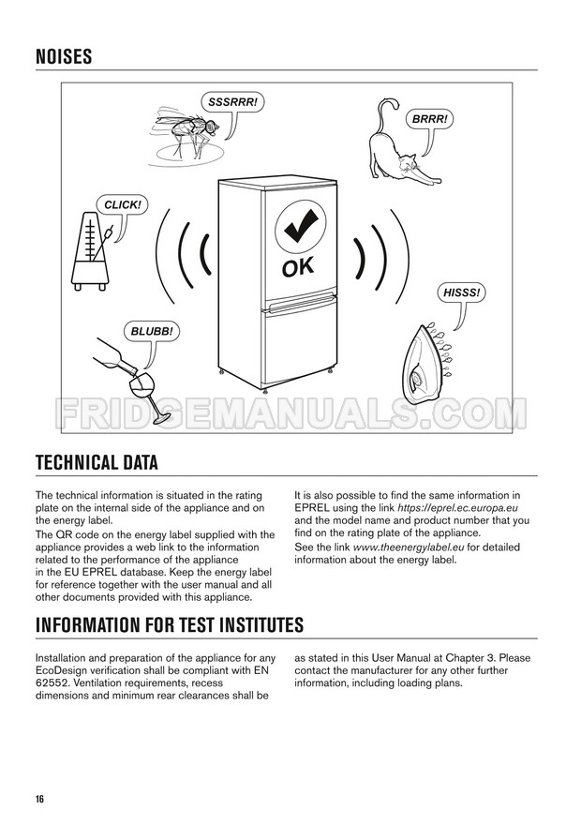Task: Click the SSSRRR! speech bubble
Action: click(x=232, y=102)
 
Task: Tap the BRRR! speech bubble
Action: click(x=429, y=119)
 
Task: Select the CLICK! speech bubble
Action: click(x=122, y=204)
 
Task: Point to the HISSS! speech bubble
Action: click(x=461, y=292)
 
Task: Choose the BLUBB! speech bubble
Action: click(x=152, y=332)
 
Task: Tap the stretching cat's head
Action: click(x=408, y=164)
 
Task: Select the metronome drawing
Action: click(x=92, y=251)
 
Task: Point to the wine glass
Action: click(x=146, y=394)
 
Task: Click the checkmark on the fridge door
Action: click(x=300, y=226)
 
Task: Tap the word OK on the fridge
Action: click(x=298, y=267)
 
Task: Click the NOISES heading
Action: click(x=64, y=56)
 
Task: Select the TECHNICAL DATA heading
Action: click(x=97, y=462)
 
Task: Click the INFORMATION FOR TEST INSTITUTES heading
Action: click(x=170, y=624)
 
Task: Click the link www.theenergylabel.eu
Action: click(x=409, y=547)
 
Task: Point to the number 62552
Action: click(x=51, y=682)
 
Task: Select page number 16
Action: click(x=40, y=799)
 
